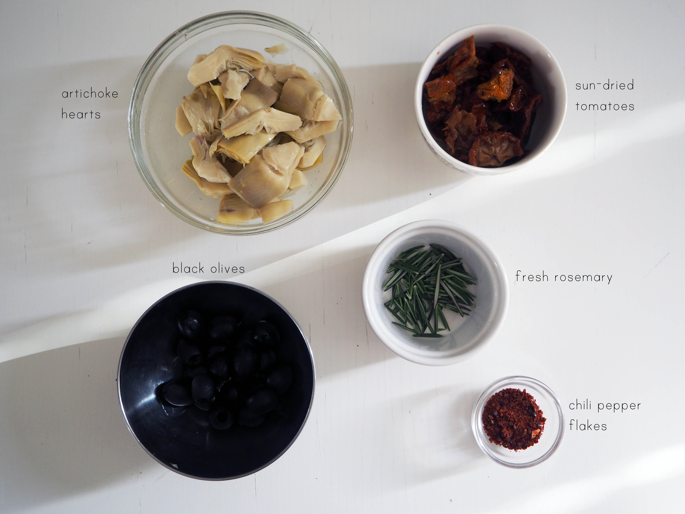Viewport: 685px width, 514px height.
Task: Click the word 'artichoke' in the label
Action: coord(90,94)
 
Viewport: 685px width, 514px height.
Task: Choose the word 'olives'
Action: coord(228,268)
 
